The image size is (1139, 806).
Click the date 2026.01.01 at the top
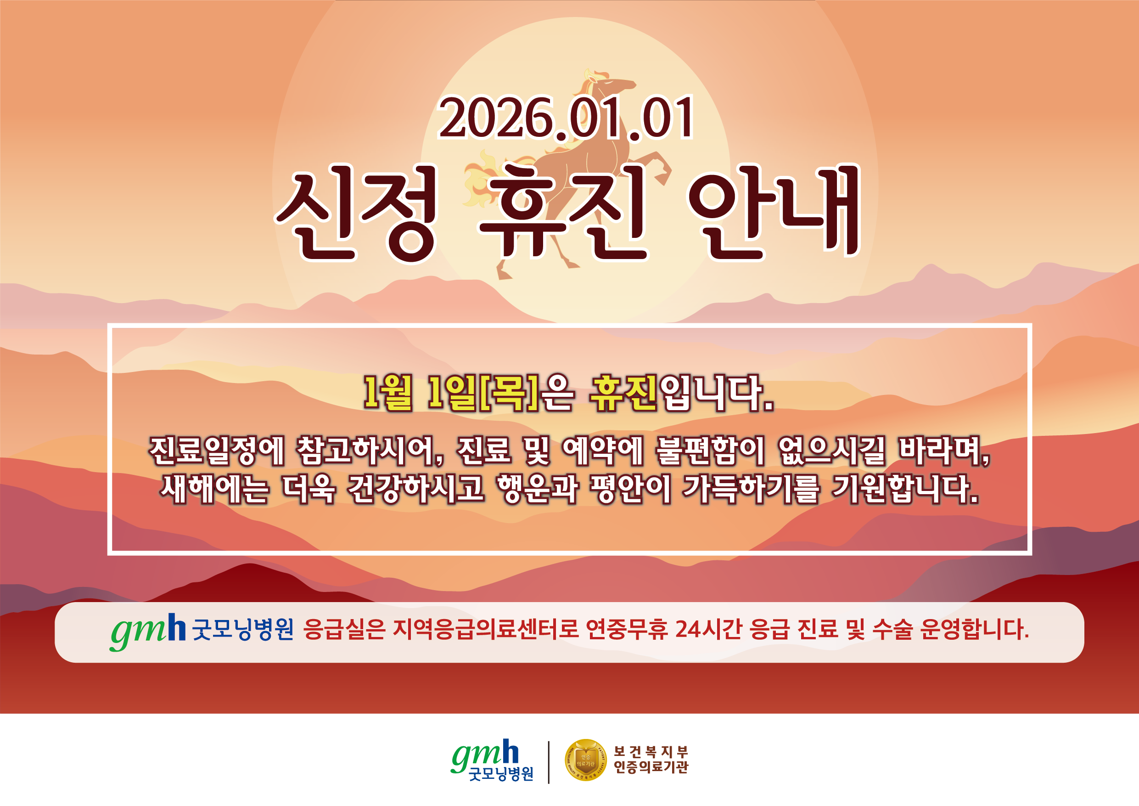[566, 118]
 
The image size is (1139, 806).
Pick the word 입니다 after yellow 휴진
[716, 394]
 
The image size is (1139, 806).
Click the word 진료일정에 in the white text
[217, 451]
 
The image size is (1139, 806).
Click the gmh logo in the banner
[148, 631]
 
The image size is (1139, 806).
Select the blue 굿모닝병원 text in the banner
[242, 630]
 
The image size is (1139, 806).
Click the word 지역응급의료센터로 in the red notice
[486, 629]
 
